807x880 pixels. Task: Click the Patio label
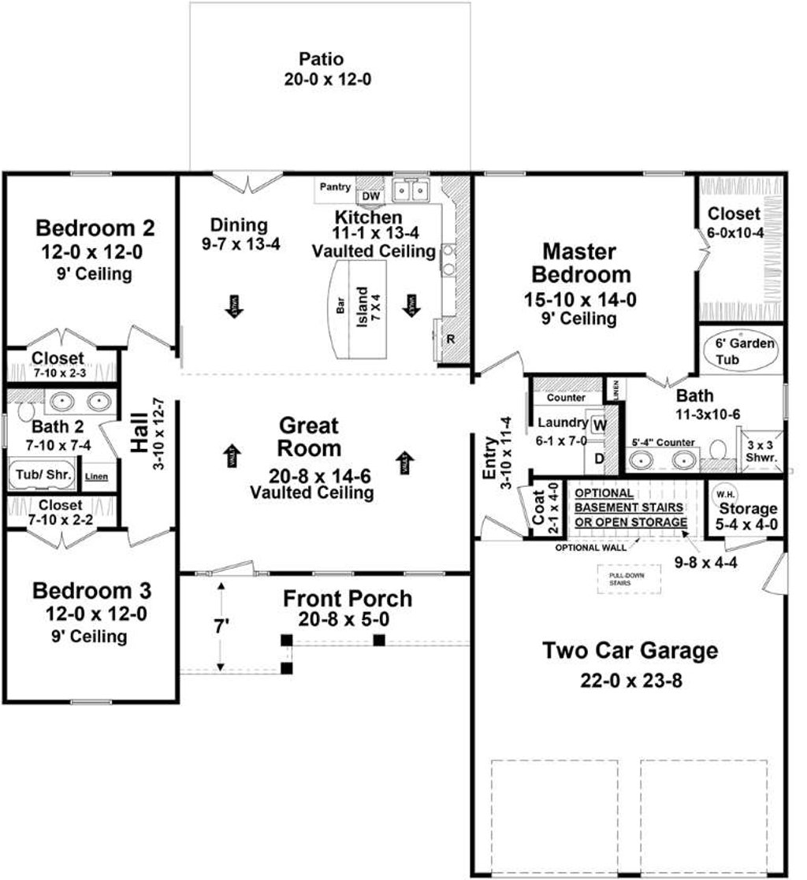pos(322,60)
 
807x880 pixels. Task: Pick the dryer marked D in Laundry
pos(598,458)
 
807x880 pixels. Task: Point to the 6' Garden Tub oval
pos(744,351)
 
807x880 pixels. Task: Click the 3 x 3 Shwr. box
pos(761,451)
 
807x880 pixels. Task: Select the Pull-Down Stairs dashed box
pos(619,579)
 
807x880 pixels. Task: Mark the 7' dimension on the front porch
pos(223,628)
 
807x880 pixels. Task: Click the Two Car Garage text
pos(630,652)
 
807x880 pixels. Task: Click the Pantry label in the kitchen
pos(335,188)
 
